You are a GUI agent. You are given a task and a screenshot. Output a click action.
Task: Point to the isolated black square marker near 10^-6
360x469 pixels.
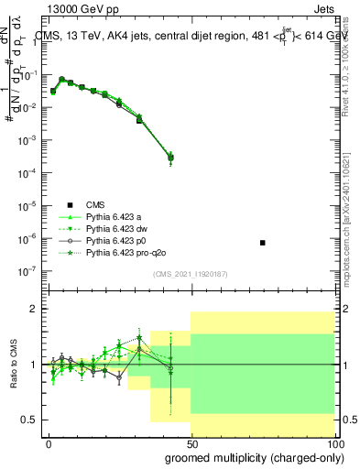coord(263,243)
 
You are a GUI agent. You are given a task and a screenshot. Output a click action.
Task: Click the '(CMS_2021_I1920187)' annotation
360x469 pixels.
coord(191,273)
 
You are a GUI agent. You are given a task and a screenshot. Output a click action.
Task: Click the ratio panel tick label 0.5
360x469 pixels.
coord(30,420)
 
